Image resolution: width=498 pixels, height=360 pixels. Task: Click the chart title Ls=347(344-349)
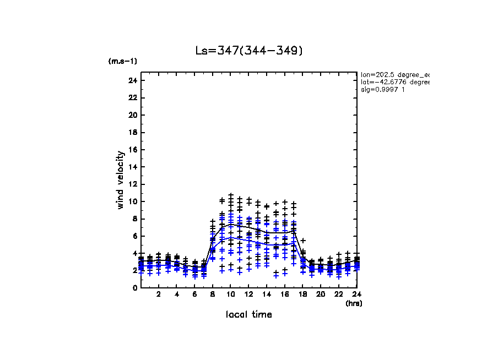coord(249,51)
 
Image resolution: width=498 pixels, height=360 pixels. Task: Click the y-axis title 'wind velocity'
coord(120,180)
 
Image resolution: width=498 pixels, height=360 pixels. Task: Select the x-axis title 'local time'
coord(248,314)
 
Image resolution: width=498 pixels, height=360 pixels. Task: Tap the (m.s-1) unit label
coord(123,61)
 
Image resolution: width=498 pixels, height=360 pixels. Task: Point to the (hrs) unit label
coord(354,303)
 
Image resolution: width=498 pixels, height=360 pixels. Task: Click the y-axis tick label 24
coord(132,81)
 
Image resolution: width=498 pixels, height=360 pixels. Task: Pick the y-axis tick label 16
coord(132,150)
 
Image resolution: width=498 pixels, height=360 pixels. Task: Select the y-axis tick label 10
coord(132,201)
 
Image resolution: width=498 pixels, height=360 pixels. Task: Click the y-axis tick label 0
coord(134,288)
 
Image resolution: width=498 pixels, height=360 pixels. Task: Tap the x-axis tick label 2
coord(159,294)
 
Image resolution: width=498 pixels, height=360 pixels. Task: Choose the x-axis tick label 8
coord(213,294)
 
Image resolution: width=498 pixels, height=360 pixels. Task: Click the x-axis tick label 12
coord(248,294)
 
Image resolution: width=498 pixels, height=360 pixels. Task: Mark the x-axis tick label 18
coord(302,294)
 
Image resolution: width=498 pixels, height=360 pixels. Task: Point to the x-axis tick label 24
coord(356,294)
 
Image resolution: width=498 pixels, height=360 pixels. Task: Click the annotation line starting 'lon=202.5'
coord(394,74)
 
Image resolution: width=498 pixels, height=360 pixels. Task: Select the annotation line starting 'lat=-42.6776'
coord(394,82)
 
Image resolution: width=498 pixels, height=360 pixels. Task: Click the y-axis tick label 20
coord(132,115)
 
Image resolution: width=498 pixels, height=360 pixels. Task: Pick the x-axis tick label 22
coord(338,294)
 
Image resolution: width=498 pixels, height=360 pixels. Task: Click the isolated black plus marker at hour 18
coord(303,241)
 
